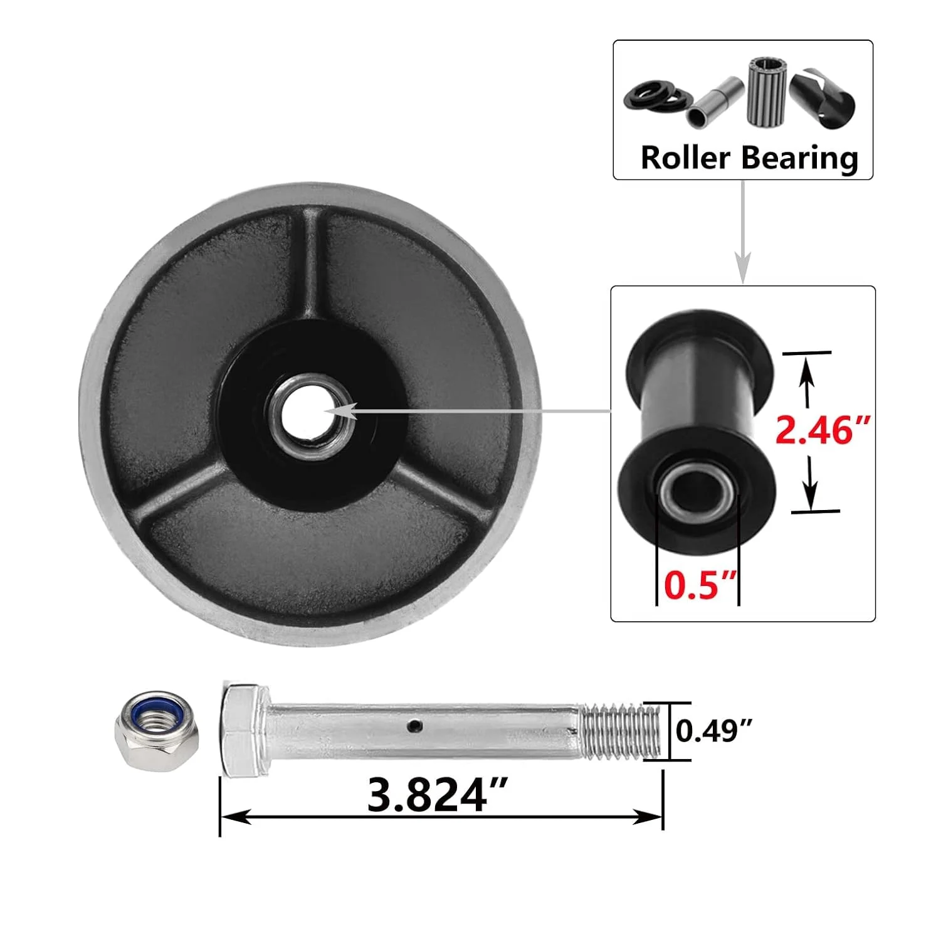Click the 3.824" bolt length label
pos(436,795)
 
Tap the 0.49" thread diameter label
pos(713,731)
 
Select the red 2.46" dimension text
pos(823,430)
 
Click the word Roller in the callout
pos(686,157)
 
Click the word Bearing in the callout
pos(800,157)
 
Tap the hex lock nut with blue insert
pos(157,730)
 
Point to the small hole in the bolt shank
pos(413,726)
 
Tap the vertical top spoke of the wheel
pos(312,263)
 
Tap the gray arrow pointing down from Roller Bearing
pos(743,232)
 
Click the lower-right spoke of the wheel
pos(439,489)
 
